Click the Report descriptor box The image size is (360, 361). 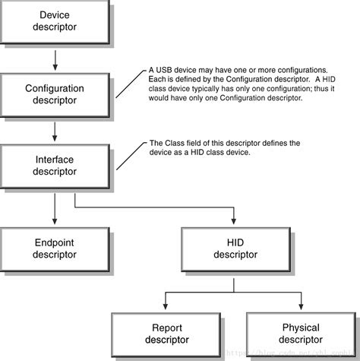click(159, 333)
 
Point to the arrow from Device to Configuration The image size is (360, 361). click(55, 59)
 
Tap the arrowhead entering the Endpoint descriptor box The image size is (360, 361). click(55, 220)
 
